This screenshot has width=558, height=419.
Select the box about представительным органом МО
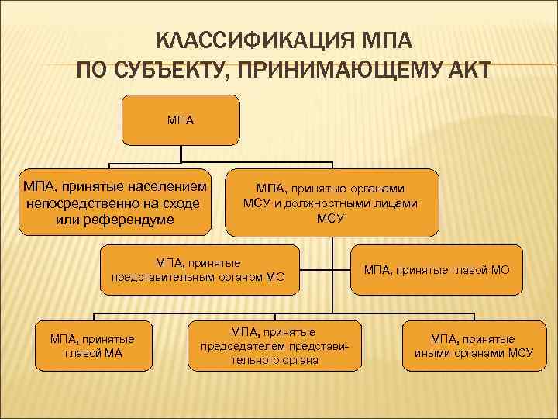[199, 269]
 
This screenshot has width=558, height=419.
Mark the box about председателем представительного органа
[274, 346]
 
